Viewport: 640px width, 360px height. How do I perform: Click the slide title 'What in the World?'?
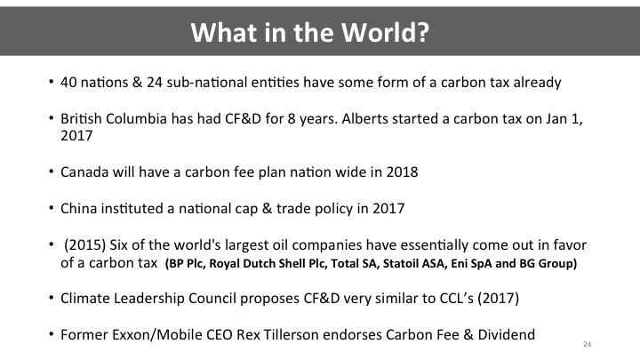coord(310,32)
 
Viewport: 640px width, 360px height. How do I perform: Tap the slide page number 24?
coord(587,344)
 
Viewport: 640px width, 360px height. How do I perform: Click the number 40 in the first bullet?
coord(68,83)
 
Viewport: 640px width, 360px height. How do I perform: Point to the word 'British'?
coord(81,119)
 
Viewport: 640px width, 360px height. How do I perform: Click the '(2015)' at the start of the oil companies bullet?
coord(85,245)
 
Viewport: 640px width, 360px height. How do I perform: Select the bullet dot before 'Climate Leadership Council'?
coord(51,298)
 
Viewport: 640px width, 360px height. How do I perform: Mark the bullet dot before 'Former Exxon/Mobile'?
coord(51,334)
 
